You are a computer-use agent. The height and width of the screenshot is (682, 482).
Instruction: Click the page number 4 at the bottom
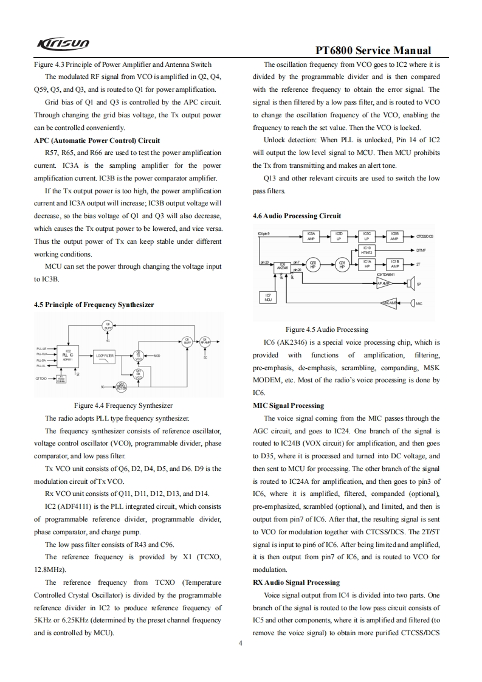click(x=241, y=644)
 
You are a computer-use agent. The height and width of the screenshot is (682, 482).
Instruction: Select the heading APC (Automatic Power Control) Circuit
click(x=97, y=140)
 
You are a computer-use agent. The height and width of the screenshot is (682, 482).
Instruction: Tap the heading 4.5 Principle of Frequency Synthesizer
click(x=94, y=305)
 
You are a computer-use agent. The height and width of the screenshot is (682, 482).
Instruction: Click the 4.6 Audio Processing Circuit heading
click(x=297, y=216)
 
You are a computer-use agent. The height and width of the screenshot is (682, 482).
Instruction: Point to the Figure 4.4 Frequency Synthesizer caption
click(x=123, y=388)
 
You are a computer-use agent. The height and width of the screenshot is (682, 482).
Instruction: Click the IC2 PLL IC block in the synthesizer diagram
click(x=69, y=354)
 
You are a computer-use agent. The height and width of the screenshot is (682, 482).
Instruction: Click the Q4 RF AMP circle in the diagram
click(x=205, y=341)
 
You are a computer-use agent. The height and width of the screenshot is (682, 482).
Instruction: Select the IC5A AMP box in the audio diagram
click(x=311, y=236)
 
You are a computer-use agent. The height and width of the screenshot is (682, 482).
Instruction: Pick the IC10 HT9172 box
click(x=367, y=250)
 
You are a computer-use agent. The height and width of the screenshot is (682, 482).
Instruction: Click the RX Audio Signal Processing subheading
click(x=296, y=582)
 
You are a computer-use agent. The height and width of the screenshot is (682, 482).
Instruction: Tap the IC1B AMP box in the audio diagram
click(x=395, y=264)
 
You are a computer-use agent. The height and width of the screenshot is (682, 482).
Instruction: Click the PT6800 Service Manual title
click(x=374, y=51)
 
